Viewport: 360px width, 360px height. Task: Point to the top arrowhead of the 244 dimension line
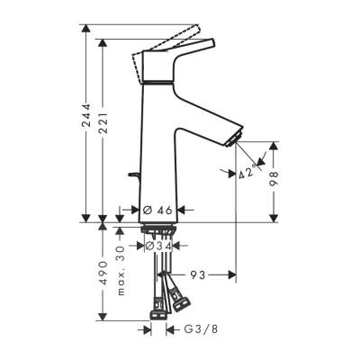click(86, 30)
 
